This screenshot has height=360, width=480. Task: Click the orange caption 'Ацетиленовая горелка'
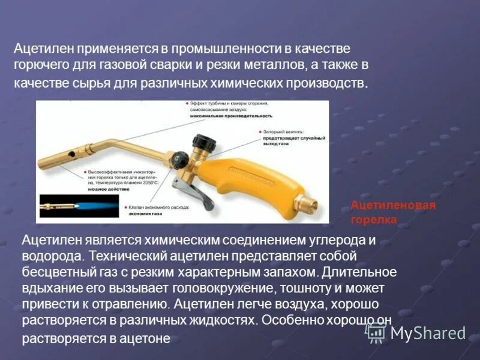coord(392,212)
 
